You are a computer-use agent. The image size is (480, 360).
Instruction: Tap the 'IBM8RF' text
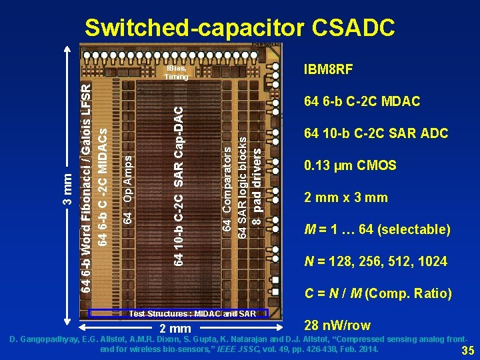328,70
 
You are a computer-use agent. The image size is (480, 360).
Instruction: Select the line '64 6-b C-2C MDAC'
362,102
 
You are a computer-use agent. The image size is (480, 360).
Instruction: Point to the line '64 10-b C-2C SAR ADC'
376,133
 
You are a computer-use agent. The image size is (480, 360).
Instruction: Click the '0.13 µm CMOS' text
350,165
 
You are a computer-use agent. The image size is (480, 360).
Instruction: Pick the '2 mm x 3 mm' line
346,198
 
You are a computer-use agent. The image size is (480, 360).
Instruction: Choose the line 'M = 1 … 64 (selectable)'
377,230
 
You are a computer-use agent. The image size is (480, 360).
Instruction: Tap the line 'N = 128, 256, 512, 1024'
375,261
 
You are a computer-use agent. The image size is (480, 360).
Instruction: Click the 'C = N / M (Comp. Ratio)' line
378,293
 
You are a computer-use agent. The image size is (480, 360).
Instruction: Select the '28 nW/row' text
337,326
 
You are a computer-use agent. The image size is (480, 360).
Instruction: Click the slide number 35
468,351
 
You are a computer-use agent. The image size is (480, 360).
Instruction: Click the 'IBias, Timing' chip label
177,73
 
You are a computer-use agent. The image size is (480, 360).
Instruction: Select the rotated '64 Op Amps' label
127,190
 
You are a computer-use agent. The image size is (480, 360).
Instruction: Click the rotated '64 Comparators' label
227,191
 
